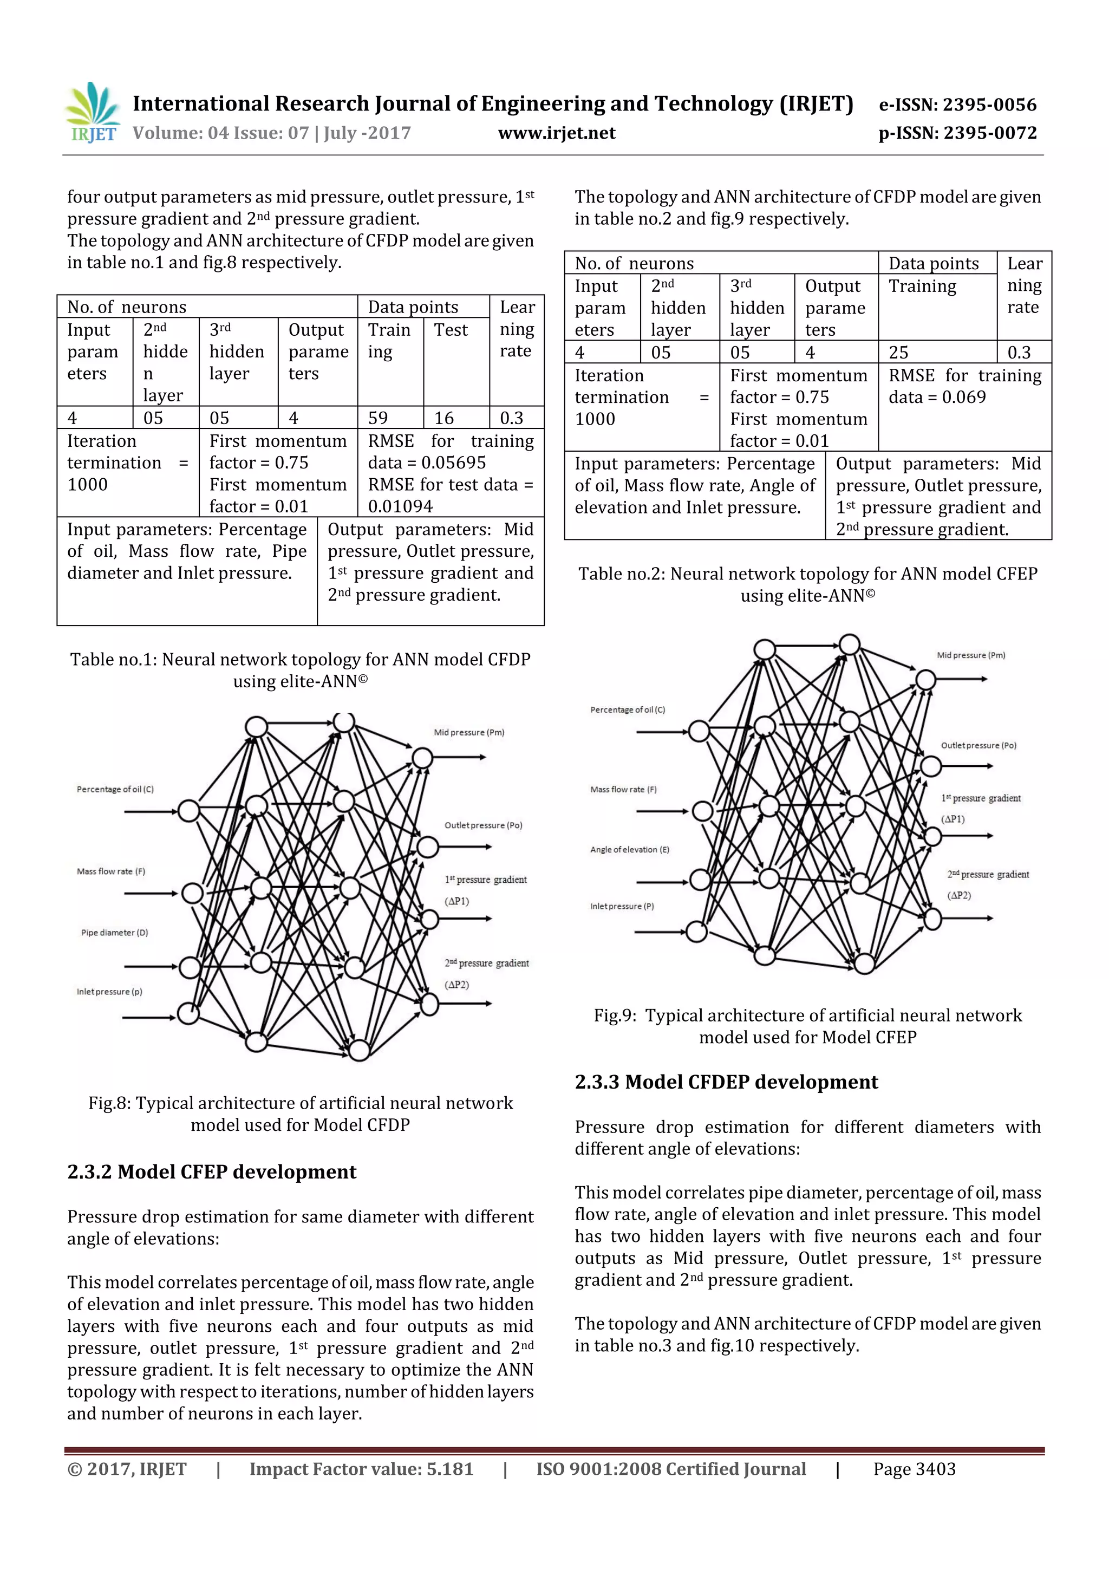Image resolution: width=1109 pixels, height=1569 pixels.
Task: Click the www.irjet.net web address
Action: [x=556, y=133]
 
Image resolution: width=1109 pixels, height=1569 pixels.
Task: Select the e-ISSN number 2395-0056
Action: [x=957, y=105]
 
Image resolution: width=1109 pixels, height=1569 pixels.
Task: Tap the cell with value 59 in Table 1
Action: [x=378, y=418]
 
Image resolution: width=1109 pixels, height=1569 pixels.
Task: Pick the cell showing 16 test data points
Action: [x=444, y=418]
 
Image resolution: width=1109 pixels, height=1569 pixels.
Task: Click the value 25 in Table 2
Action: [x=898, y=352]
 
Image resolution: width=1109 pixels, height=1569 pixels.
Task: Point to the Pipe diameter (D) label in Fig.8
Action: [x=114, y=932]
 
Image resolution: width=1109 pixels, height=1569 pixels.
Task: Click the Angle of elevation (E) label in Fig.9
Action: [x=629, y=849]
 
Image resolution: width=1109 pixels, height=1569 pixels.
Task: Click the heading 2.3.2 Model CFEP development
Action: [x=212, y=1172]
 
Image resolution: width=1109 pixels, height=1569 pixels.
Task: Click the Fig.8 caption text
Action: [x=301, y=1114]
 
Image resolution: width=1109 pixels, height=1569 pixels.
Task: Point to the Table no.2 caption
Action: [x=808, y=584]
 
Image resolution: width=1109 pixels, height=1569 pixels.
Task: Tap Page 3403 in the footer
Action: [x=914, y=1469]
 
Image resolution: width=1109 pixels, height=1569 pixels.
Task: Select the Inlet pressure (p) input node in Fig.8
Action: [x=188, y=1013]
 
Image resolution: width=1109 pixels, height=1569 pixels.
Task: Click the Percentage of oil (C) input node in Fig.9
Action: [x=699, y=731]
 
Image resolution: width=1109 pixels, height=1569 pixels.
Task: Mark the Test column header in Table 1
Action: [x=451, y=330]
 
